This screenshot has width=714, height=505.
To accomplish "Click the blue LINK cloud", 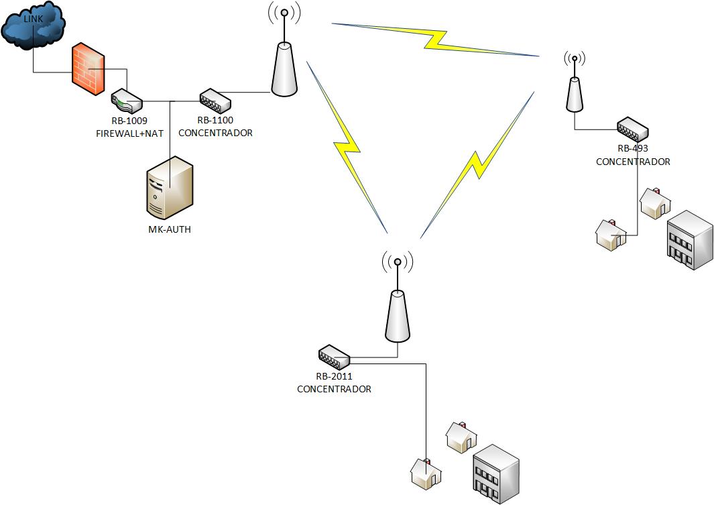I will [x=34, y=27].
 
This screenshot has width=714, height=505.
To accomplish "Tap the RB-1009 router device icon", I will [x=127, y=102].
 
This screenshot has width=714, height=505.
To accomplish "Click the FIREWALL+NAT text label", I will [x=130, y=133].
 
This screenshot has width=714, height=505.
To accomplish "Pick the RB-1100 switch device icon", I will [x=215, y=101].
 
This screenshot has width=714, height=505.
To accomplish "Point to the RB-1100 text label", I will [x=215, y=121].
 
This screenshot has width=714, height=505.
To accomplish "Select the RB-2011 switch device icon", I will [x=334, y=355].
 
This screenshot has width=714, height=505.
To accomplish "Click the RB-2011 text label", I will [x=334, y=376].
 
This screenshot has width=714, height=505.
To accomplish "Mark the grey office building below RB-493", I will [x=689, y=239].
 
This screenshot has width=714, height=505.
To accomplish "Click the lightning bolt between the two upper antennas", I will [x=436, y=41].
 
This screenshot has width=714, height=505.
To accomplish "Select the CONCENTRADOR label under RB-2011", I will [x=334, y=389].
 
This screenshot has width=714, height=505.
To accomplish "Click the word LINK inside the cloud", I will [x=33, y=19].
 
